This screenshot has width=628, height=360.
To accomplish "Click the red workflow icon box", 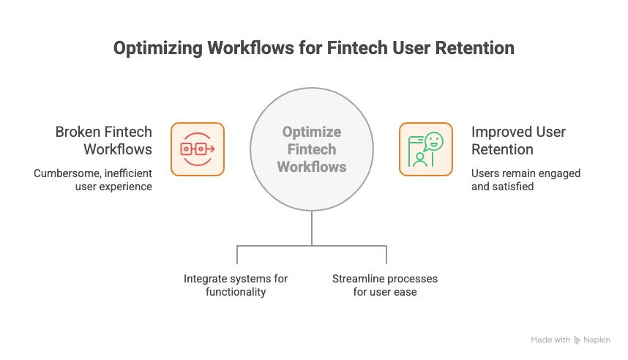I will coord(198,149).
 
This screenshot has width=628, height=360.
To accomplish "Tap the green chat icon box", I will coord(425,149).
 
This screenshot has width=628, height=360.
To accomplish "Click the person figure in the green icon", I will coord(420,159).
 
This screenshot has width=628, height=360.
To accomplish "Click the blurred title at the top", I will coord(313,49).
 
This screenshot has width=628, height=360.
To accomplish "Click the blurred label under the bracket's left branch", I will coord(237,285).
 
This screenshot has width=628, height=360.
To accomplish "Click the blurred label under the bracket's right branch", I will coord(384,285).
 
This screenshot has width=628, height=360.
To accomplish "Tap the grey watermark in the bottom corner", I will coord(569,340).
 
